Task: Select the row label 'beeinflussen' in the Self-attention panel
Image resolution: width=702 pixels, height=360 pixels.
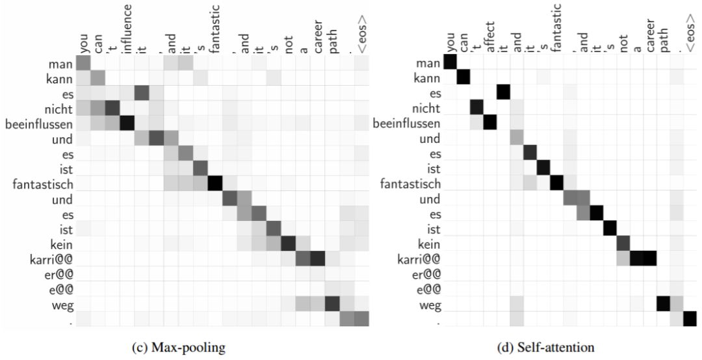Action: [406, 123]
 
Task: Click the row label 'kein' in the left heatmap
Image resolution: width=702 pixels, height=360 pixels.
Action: [60, 244]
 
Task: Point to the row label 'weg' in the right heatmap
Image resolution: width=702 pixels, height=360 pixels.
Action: [430, 304]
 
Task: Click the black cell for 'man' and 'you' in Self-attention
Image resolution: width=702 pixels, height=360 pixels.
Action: [450, 63]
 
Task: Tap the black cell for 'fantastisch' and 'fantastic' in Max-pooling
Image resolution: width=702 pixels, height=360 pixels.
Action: [216, 184]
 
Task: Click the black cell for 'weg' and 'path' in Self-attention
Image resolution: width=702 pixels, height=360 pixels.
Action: [664, 304]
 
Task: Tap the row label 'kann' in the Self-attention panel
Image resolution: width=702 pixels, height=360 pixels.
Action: [427, 78]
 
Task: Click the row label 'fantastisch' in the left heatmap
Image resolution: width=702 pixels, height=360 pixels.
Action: [42, 184]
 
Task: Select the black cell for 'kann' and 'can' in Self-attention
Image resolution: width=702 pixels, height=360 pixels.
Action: [463, 78]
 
